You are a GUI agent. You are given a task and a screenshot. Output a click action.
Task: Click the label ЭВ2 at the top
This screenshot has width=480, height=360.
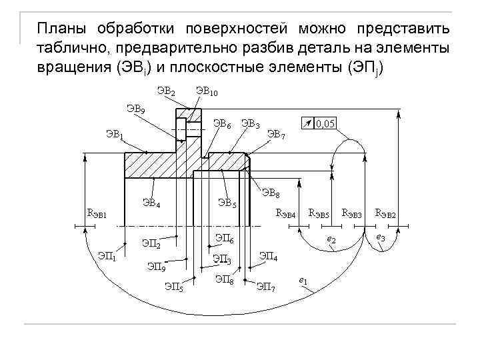point(166,90)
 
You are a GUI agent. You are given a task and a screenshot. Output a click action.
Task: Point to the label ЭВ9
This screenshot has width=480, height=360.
point(137,109)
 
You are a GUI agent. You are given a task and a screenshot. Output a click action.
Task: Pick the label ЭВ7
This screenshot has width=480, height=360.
point(276,135)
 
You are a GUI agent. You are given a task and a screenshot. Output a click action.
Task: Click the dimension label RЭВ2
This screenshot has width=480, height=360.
point(385,214)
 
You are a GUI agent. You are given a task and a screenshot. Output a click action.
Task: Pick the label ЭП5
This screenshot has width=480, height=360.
point(173,287)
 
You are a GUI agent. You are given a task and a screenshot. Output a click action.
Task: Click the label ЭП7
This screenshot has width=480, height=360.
point(266,287)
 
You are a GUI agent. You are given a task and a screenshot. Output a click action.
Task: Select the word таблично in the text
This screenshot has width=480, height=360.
point(74,49)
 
